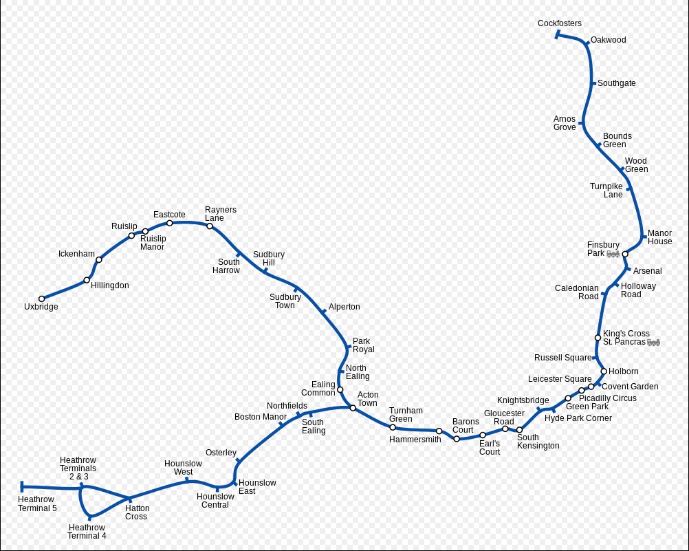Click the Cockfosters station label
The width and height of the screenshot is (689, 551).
click(x=559, y=23)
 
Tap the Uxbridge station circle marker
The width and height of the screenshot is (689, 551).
click(x=42, y=299)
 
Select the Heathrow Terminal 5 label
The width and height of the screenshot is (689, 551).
click(x=37, y=504)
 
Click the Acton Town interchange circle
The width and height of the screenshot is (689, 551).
click(x=353, y=408)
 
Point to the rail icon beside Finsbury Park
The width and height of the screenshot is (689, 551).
click(x=613, y=254)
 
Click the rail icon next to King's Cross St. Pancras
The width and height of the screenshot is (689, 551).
click(x=653, y=343)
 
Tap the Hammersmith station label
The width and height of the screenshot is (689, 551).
click(x=415, y=440)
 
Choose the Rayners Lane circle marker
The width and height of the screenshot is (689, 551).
click(x=210, y=226)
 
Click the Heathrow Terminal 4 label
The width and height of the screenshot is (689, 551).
click(x=87, y=531)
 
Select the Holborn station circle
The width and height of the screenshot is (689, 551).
click(x=604, y=371)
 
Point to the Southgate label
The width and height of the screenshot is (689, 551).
click(x=617, y=83)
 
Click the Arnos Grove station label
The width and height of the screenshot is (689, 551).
click(x=565, y=122)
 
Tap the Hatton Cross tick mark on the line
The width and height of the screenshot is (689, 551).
click(x=130, y=499)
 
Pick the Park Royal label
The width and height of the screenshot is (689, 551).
click(x=363, y=345)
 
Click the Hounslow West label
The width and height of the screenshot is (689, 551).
click(x=183, y=468)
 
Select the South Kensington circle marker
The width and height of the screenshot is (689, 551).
click(x=519, y=430)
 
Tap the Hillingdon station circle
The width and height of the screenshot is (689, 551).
click(x=87, y=280)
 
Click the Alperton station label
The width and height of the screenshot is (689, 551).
click(x=344, y=307)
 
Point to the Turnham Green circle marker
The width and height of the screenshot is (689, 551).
click(x=393, y=427)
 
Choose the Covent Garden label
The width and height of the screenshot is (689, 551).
click(x=630, y=387)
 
